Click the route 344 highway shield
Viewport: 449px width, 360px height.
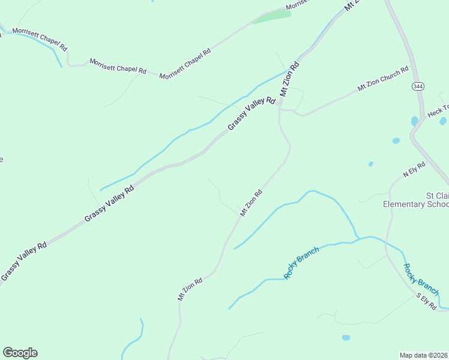point(417,86)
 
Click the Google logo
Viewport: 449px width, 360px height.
point(20,353)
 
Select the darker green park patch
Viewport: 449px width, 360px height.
point(272,17)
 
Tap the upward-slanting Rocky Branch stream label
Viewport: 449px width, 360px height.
point(301,263)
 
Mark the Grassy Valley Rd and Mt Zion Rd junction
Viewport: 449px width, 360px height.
point(279,103)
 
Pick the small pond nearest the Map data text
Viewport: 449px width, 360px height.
point(346,338)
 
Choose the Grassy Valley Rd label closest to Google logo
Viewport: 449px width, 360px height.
point(24,261)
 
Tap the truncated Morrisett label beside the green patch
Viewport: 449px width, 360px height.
point(297,5)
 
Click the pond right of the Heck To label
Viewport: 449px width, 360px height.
point(443,121)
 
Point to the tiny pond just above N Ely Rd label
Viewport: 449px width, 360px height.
point(370,163)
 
